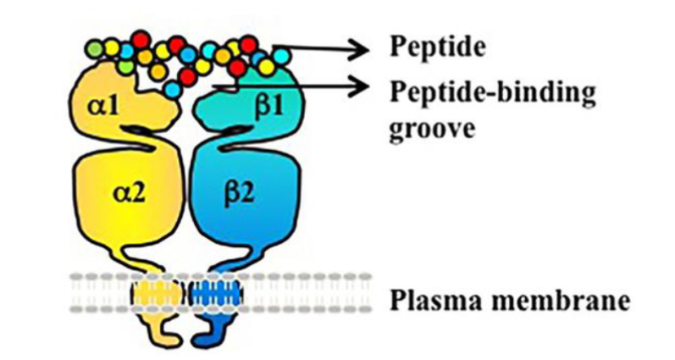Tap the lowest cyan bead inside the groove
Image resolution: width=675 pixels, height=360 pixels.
click(174, 91)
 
